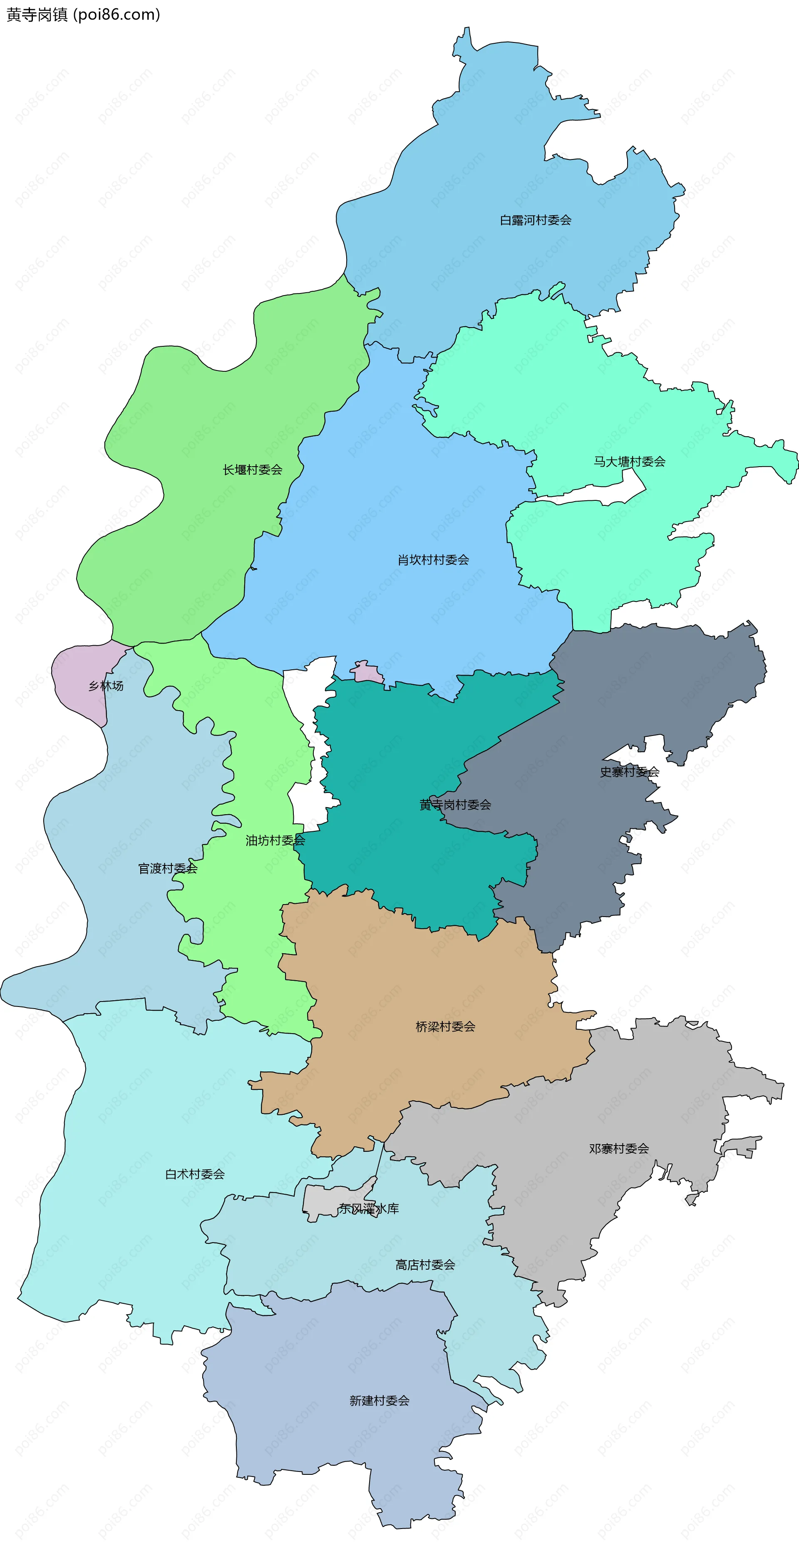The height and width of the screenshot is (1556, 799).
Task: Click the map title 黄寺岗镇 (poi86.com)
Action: pos(83,15)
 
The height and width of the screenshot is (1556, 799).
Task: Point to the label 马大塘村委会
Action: pos(629,462)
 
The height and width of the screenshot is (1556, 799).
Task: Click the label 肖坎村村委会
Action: pos(433,560)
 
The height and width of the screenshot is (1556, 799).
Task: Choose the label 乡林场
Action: pos(106,686)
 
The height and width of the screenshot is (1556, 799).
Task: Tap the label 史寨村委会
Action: pos(629,771)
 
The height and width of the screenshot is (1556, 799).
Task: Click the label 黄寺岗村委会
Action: pos(455,805)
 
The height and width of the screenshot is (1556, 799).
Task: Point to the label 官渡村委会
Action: pos(167,869)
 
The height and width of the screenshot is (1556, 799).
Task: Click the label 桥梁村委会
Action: pos(445,1026)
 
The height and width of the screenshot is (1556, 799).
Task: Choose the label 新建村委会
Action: pos(379,1400)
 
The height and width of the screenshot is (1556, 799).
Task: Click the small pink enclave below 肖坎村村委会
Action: pos(367,672)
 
